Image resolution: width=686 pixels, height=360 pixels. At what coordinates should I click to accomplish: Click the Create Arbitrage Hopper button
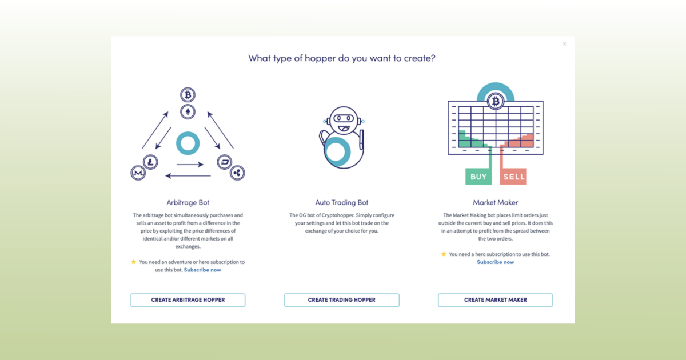(x=188, y=300)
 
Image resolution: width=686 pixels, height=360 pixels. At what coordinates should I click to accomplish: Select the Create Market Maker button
(x=495, y=300)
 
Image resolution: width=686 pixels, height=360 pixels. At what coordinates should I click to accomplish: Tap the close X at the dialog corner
(x=564, y=44)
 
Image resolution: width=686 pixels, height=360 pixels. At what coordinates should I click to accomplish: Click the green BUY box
(x=478, y=177)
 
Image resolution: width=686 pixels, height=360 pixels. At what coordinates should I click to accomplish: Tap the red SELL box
(x=513, y=177)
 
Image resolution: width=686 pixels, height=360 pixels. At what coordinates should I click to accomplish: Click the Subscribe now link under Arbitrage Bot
(x=202, y=270)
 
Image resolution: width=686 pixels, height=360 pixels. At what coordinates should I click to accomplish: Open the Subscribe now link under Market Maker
(x=495, y=262)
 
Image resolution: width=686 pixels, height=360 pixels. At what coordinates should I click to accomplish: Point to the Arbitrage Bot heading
(x=188, y=202)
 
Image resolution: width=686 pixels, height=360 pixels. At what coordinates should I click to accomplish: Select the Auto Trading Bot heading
(x=342, y=202)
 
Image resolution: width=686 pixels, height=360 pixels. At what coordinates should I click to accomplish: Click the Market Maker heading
(x=495, y=202)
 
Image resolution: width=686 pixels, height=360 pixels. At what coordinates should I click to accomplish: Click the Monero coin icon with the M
(x=138, y=173)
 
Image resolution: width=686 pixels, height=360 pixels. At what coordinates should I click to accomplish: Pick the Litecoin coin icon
(x=151, y=162)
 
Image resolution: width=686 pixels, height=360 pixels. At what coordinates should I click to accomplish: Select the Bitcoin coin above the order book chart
(x=495, y=102)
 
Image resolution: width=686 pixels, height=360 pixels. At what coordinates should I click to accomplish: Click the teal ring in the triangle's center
(x=188, y=143)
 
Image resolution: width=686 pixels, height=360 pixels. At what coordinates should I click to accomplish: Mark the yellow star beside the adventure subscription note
(x=134, y=262)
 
